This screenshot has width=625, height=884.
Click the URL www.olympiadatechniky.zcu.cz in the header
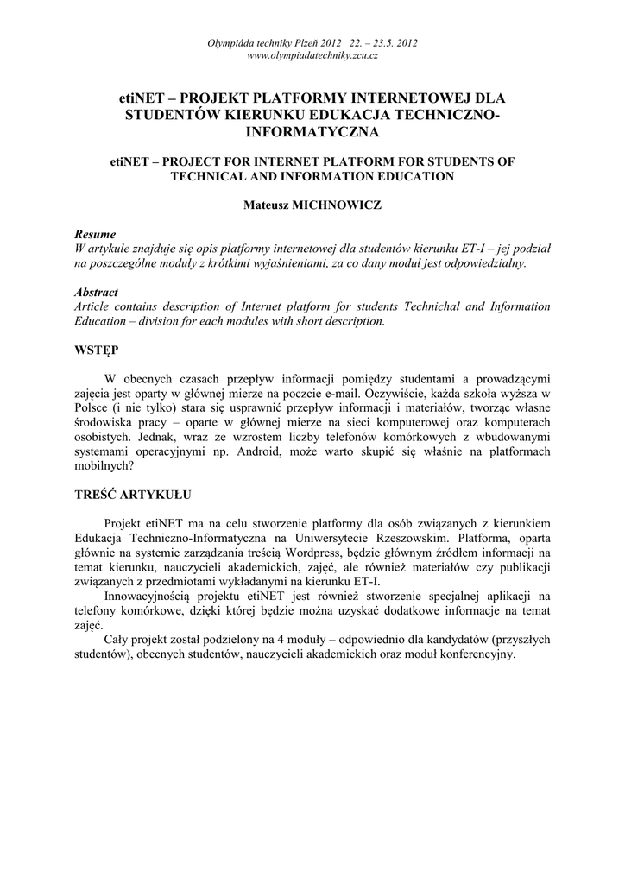(x=312, y=55)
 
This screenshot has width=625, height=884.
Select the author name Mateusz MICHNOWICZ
(x=312, y=206)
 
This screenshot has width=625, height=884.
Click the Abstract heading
(x=97, y=293)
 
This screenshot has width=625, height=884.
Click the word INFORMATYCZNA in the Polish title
(x=312, y=133)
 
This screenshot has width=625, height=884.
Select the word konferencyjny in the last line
(x=473, y=654)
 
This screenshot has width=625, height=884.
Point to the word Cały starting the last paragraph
(x=119, y=640)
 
